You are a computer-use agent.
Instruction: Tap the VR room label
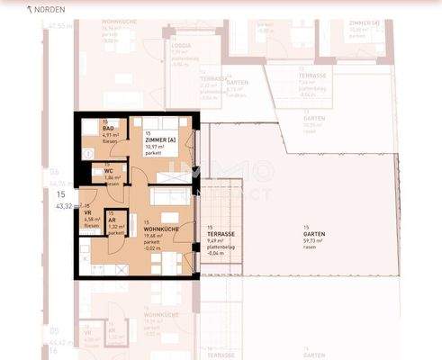88,212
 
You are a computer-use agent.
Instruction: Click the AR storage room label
113,220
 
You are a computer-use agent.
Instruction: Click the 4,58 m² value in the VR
90,220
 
